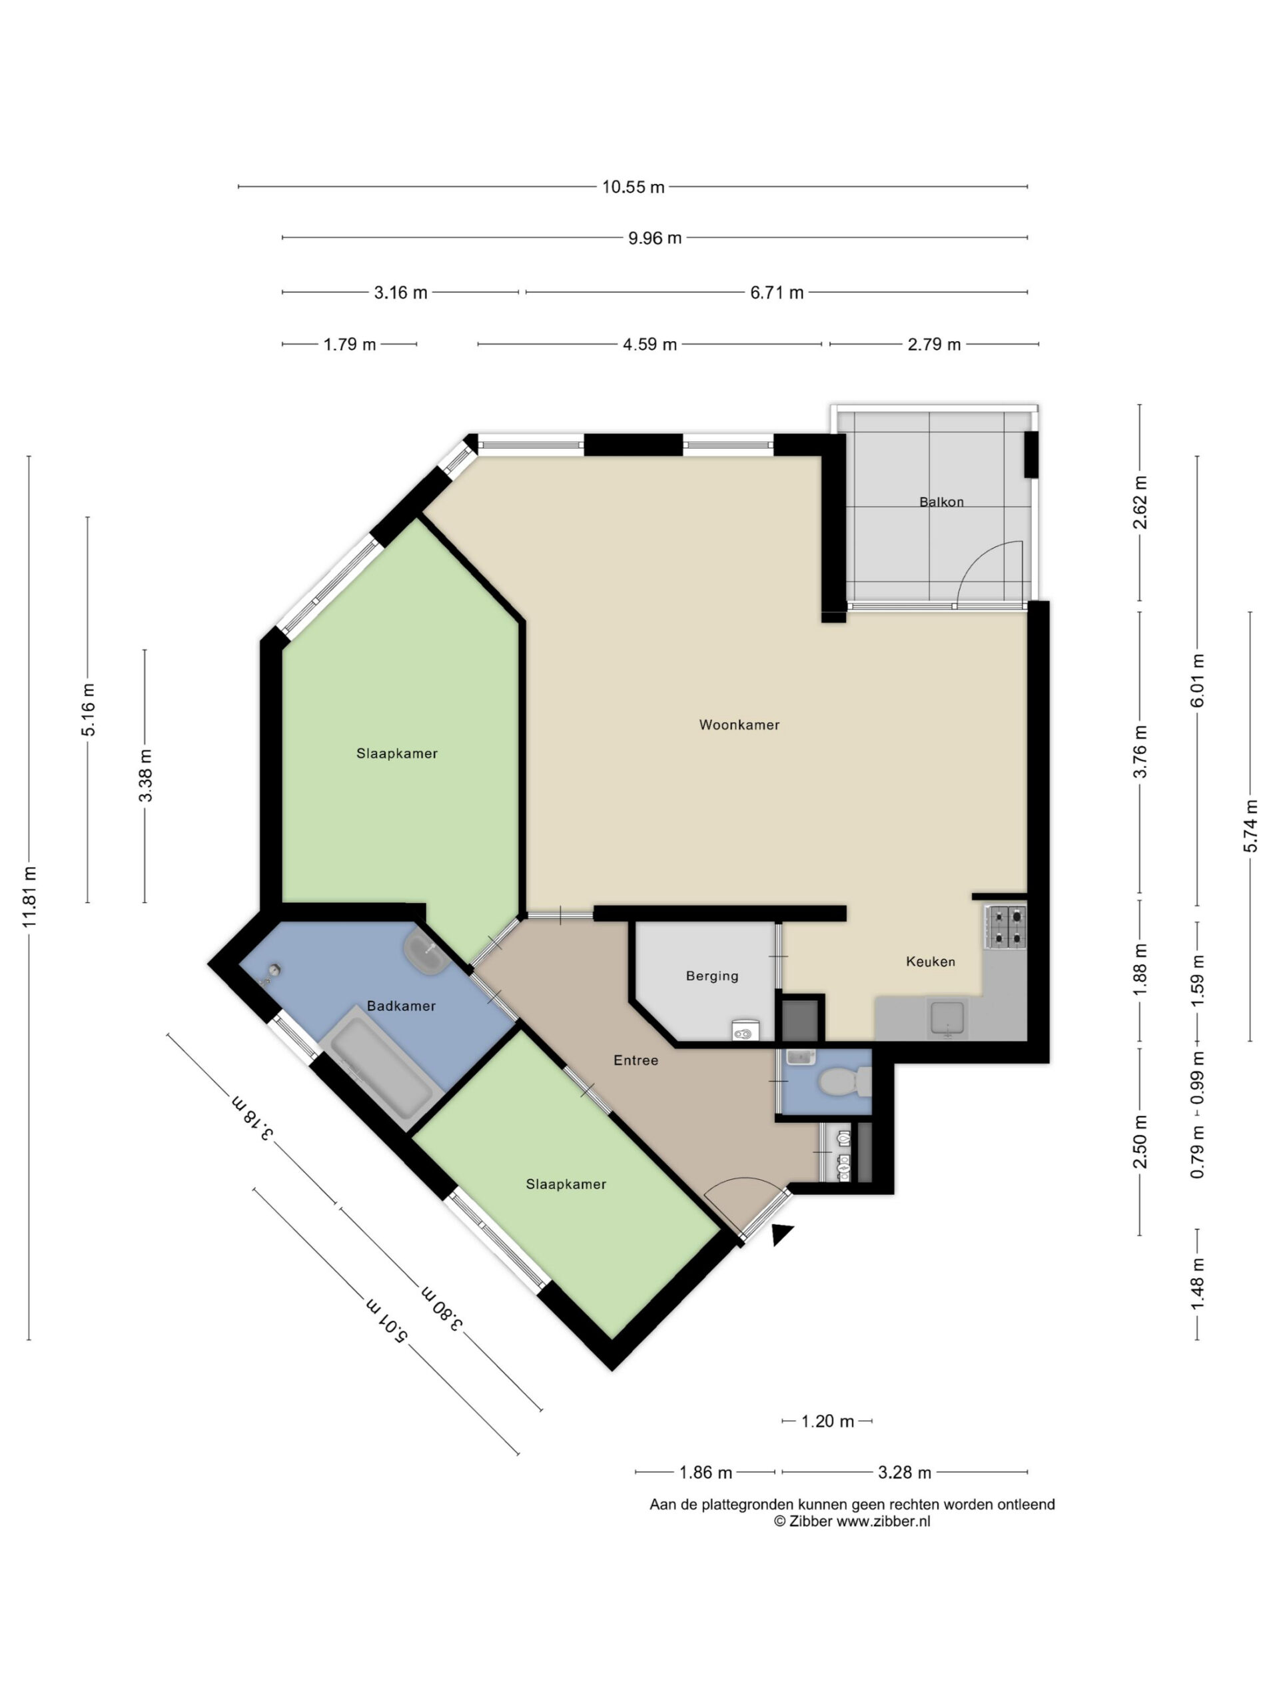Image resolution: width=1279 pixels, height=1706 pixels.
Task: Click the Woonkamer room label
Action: pyautogui.click(x=739, y=724)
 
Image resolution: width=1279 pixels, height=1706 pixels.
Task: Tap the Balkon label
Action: pyautogui.click(x=941, y=501)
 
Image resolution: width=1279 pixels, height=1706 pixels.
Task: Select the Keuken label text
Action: pyautogui.click(x=930, y=961)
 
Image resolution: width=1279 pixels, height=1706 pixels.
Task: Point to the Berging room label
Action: pyautogui.click(x=711, y=976)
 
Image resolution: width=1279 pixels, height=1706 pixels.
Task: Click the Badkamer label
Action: pyautogui.click(x=401, y=1006)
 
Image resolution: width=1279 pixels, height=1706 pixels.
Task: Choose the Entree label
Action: pyautogui.click(x=636, y=1060)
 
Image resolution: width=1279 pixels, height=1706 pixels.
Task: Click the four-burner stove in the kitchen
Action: pyautogui.click(x=1005, y=926)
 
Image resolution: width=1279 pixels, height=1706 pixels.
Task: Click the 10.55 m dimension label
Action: pyautogui.click(x=633, y=187)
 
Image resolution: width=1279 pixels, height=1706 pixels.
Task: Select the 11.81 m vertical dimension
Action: pyautogui.click(x=29, y=897)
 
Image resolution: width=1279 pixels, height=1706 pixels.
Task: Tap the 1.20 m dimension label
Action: pyautogui.click(x=827, y=1421)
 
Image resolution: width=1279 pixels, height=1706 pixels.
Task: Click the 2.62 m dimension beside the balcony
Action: pyautogui.click(x=1140, y=502)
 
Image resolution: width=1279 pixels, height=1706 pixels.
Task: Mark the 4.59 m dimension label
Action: pyautogui.click(x=649, y=344)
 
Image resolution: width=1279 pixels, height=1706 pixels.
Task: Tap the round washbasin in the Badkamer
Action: pyautogui.click(x=423, y=951)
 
